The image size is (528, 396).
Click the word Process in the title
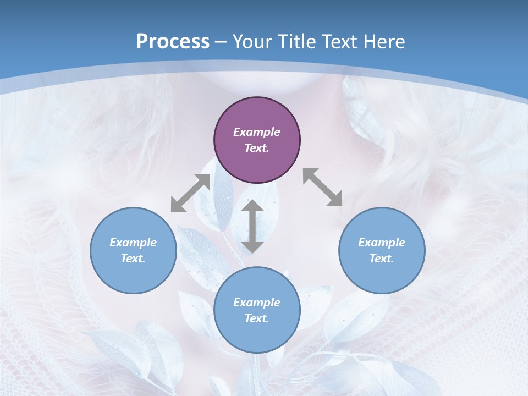point(173,42)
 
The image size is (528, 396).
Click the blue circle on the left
point(133,250)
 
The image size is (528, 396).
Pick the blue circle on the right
point(382,250)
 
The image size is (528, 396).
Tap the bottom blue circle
point(257,310)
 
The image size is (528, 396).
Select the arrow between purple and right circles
point(323,187)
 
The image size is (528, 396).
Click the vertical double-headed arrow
point(252,227)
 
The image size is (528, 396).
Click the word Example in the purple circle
point(257,132)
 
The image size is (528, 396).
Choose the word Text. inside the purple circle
point(257,148)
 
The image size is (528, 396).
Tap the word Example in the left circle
point(133,243)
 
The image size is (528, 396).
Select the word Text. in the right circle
point(382,258)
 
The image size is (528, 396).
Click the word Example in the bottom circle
point(257,302)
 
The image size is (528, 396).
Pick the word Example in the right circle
point(382,243)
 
